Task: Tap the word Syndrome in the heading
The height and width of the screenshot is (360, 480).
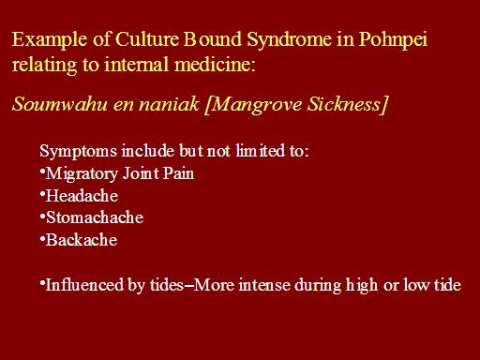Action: (289, 40)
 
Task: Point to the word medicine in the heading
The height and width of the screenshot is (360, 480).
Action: (215, 65)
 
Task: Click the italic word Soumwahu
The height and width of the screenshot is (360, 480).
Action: (59, 104)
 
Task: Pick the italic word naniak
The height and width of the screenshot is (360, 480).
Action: (169, 104)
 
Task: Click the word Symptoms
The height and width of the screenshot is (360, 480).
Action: (78, 152)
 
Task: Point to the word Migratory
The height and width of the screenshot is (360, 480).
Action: (82, 174)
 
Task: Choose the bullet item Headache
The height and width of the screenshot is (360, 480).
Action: (82, 196)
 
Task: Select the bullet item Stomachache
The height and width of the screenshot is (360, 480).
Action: (95, 217)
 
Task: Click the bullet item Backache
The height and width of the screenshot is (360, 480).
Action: (82, 240)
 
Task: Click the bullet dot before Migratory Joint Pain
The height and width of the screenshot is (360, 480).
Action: (42, 170)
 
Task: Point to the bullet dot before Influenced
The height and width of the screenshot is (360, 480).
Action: (42, 281)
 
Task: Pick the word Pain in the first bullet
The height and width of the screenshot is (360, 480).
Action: (178, 173)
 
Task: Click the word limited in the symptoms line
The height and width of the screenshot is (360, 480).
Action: (260, 151)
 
